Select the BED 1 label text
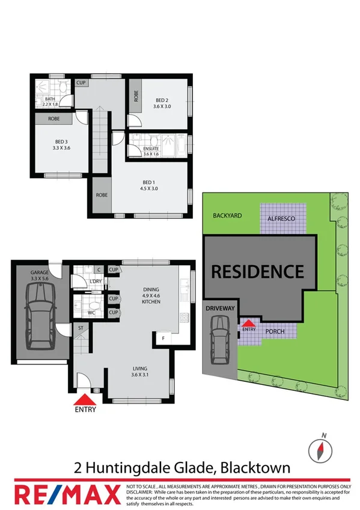(150, 182)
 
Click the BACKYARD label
(225, 215)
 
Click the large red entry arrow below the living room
(84, 399)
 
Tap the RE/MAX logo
(66, 494)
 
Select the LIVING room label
(139, 369)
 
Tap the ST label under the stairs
(80, 328)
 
